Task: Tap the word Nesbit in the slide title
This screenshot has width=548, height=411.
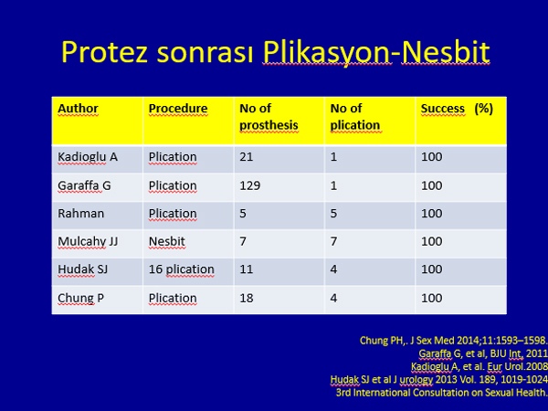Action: click(446, 52)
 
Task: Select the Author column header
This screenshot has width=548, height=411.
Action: click(78, 109)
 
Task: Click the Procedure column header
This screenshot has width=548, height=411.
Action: click(178, 109)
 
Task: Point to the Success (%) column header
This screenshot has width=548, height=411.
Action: click(457, 109)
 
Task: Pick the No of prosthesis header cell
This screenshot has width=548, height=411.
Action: click(269, 117)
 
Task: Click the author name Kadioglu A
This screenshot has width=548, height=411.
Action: click(88, 157)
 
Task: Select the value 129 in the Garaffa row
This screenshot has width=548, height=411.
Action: click(250, 185)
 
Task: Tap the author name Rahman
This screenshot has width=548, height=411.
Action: click(80, 214)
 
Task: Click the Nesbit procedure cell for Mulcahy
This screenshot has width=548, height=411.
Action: click(167, 241)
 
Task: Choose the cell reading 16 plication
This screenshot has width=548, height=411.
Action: click(182, 269)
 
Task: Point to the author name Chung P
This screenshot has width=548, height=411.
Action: click(80, 298)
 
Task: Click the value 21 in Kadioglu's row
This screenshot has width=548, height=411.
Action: click(246, 157)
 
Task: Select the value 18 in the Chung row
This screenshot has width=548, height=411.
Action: click(246, 298)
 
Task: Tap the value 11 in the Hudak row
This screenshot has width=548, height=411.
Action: click(246, 269)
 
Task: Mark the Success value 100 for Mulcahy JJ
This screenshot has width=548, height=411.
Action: click(432, 241)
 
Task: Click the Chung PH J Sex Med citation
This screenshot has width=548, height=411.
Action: click(454, 341)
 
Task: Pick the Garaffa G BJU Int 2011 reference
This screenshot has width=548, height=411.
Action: click(483, 353)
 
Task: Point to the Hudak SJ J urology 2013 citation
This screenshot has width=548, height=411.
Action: click(439, 380)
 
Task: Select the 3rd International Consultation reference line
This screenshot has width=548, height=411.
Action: click(442, 393)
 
